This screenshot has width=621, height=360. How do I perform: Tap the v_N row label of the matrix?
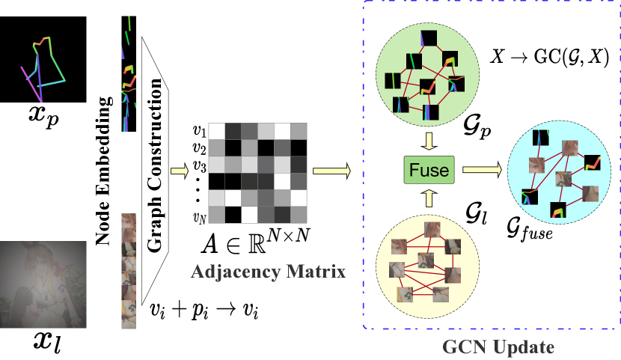tap(199, 219)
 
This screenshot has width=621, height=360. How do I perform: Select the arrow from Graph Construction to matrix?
tap(180, 171)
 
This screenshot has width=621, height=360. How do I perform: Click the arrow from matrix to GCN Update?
tap(330, 171)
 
